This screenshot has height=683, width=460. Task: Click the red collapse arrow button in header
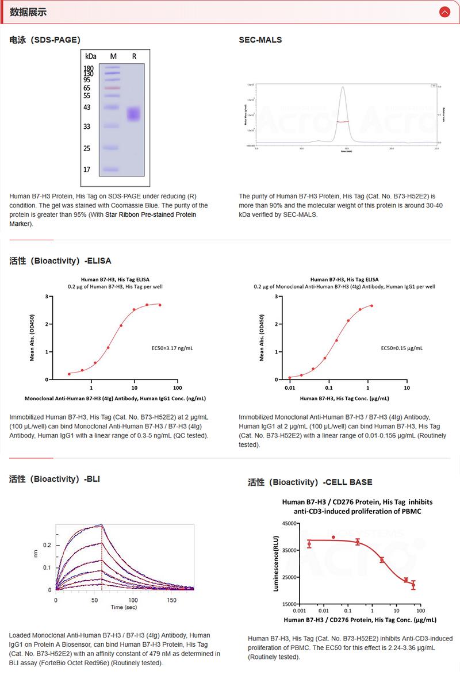point(444,12)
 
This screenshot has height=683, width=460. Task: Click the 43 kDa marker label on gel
point(87,108)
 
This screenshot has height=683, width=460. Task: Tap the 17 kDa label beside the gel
point(87,170)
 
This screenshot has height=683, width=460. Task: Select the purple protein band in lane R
point(134,114)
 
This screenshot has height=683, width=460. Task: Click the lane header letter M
point(113,56)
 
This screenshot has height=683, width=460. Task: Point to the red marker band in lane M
point(112,88)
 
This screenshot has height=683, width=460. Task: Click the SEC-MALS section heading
point(260,40)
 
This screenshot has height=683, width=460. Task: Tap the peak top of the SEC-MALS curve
point(343,87)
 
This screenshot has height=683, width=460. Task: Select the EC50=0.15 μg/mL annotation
point(401,348)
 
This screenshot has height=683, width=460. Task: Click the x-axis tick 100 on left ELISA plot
point(177,388)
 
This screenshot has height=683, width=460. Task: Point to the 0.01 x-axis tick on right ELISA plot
point(290,388)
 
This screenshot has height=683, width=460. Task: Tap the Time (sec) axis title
point(124,607)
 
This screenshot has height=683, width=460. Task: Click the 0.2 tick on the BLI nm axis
point(47,545)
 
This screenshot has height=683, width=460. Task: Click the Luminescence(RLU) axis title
point(276,563)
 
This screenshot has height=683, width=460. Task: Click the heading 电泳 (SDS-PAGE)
point(45,40)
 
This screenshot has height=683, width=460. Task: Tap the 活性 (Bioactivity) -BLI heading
point(55,478)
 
